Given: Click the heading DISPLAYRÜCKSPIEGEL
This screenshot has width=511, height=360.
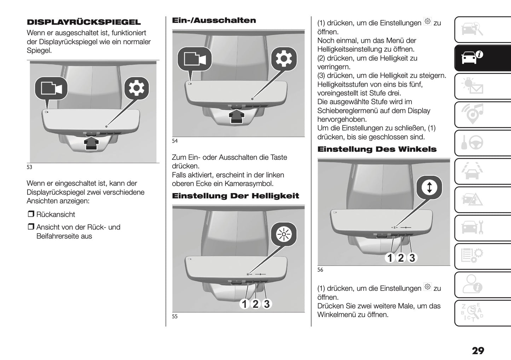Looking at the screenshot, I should pyautogui.click(x=83, y=22).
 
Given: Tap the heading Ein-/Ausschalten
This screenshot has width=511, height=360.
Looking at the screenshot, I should pyautogui.click(x=214, y=21).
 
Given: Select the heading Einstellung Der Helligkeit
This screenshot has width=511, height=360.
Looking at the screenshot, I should pyautogui.click(x=235, y=196).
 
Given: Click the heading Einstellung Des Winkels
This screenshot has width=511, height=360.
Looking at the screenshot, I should pyautogui.click(x=377, y=149).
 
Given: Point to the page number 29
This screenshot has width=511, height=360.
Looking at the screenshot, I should pyautogui.click(x=478, y=350).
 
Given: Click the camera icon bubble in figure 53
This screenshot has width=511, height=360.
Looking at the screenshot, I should pyautogui.click(x=51, y=88).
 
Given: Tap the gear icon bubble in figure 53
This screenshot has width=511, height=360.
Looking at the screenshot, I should pyautogui.click(x=137, y=88).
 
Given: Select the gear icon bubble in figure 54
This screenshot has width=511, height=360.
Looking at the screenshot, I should pyautogui.click(x=284, y=59).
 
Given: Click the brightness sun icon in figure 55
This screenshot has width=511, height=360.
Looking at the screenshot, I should pyautogui.click(x=283, y=234).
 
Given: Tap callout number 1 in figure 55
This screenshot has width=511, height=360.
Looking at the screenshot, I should pyautogui.click(x=244, y=304).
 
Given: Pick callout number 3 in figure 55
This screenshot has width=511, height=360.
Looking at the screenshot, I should pyautogui.click(x=267, y=304).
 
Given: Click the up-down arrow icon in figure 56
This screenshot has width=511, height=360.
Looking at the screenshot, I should pyautogui.click(x=429, y=187).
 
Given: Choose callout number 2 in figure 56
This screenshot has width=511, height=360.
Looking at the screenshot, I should pyautogui.click(x=401, y=258).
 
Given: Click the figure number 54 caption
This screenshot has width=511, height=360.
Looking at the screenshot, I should pyautogui.click(x=175, y=141).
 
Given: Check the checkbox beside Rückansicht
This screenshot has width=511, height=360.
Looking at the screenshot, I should pyautogui.click(x=31, y=214).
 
